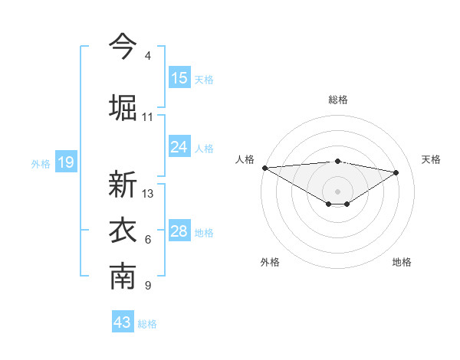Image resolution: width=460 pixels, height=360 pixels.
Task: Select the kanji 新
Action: coord(123,185)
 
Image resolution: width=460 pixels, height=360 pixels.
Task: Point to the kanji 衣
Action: coord(123,231)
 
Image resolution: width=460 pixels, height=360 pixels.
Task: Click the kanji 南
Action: coord(123,277)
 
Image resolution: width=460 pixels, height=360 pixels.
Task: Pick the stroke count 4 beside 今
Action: coord(147,56)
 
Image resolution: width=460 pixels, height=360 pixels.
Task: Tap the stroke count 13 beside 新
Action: coord(148,194)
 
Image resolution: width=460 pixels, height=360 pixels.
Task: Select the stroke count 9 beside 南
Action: coord(147,286)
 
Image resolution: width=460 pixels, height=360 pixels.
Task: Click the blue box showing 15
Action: coord(179,78)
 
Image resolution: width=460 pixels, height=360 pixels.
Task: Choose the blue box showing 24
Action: coord(179,147)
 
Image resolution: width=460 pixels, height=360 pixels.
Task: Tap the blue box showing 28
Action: coord(179,231)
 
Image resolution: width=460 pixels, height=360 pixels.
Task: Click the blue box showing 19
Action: coord(66,162)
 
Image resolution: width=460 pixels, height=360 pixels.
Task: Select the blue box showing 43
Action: coord(123,322)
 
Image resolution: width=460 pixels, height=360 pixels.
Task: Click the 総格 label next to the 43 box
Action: coord(147,324)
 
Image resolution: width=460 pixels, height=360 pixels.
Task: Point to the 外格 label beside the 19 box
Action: coord(41,163)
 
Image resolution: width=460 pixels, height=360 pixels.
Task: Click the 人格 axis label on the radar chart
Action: coord(245,159)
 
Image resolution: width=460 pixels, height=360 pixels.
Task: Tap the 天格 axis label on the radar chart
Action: coord(431,159)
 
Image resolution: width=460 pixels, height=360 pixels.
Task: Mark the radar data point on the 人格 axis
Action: coord(264,168)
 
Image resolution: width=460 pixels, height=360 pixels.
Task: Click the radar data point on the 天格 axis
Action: coord(396,172)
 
